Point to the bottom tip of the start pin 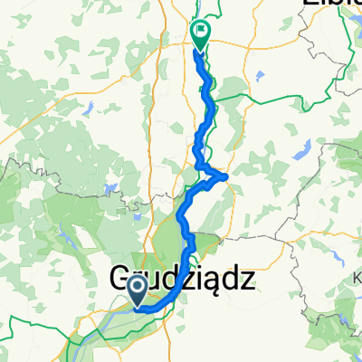click(138, 307)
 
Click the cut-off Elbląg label click(329, 4)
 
